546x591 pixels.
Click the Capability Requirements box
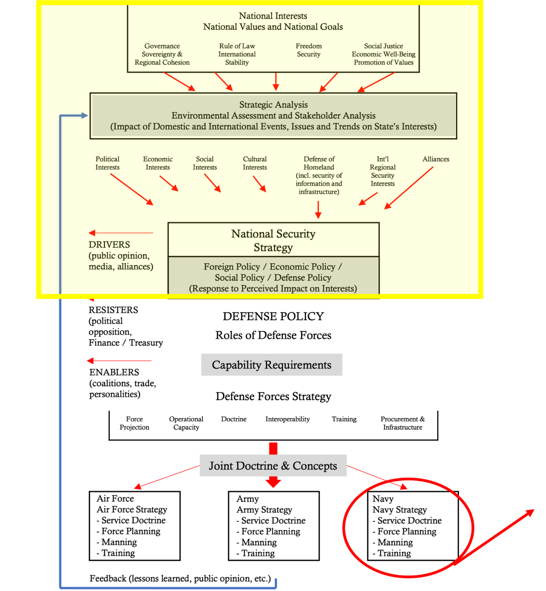point(272,365)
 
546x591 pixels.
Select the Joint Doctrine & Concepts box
point(273,466)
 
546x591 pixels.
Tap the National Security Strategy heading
point(273,240)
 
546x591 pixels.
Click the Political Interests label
point(107,163)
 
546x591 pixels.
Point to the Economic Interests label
point(158,163)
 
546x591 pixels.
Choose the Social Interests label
point(205,163)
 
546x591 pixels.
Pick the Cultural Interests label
point(255,163)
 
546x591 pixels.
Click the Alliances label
point(436,159)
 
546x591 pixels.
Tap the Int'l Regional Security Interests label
point(382,171)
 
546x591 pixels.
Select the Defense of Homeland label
point(319,175)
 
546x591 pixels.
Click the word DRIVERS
point(109,245)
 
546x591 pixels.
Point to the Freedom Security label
point(309,50)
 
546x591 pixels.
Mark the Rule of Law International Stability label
point(237,54)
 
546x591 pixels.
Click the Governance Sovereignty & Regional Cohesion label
point(162,54)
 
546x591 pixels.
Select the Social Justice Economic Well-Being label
point(384,54)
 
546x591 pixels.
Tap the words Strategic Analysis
point(274,105)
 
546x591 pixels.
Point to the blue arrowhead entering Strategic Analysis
point(85,115)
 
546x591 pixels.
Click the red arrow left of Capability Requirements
point(119,361)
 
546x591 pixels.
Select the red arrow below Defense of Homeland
point(318,210)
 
